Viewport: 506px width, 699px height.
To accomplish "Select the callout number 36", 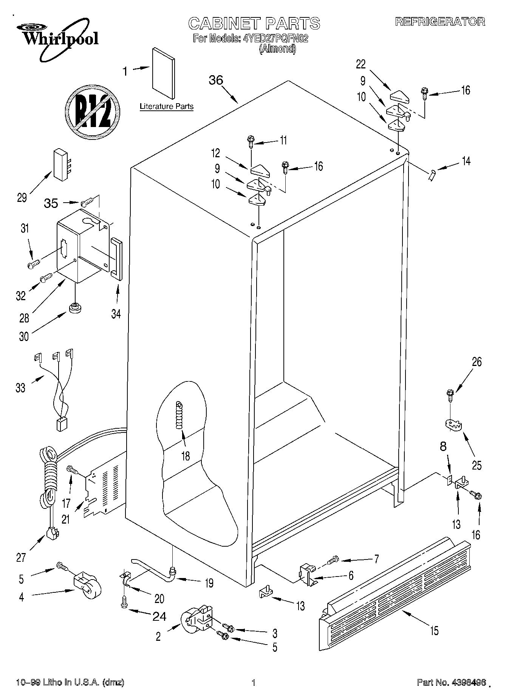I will pyautogui.click(x=216, y=80).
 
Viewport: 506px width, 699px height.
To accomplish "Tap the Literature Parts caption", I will pyautogui.click(x=167, y=107).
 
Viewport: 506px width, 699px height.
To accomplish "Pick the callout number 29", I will pyautogui.click(x=22, y=197).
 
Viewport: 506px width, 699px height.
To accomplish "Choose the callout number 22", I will pyautogui.click(x=361, y=64).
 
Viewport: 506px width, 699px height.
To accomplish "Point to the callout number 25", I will pyautogui.click(x=477, y=465).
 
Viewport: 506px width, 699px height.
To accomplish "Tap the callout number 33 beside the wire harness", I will pyautogui.click(x=20, y=388).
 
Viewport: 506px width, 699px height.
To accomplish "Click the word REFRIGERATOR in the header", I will pyautogui.click(x=440, y=22).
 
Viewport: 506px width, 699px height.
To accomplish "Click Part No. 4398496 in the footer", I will pyautogui.click(x=451, y=683).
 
